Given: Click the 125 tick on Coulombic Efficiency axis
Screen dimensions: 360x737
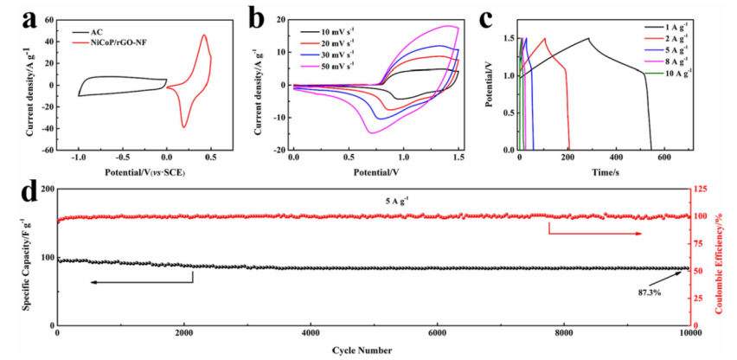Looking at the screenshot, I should [x=704, y=189].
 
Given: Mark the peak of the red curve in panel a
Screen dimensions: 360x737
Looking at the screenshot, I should [x=204, y=35].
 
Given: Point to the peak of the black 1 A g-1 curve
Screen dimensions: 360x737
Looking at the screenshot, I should [x=588, y=38].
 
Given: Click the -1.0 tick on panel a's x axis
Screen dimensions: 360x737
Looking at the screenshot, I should [x=79, y=157].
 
